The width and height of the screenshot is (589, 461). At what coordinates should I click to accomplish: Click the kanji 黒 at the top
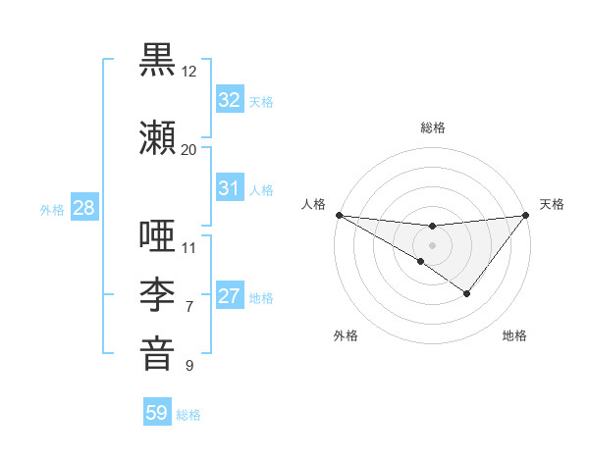click(x=158, y=59)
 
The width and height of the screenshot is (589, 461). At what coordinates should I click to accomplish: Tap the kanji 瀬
click(x=158, y=136)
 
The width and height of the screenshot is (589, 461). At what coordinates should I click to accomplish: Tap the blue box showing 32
click(x=229, y=99)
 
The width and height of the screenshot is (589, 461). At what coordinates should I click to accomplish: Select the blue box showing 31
click(x=229, y=188)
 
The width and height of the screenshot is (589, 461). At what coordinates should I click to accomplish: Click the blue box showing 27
click(x=229, y=296)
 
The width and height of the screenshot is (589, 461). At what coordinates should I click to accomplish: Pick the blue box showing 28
click(x=83, y=208)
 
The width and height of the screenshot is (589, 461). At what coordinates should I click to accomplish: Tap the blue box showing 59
click(x=157, y=413)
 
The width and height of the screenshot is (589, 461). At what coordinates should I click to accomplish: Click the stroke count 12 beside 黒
click(x=188, y=72)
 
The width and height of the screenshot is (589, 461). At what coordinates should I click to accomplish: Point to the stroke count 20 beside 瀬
click(x=188, y=149)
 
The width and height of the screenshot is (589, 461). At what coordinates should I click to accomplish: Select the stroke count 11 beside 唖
click(x=188, y=247)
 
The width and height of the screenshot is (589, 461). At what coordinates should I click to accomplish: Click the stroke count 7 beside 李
click(x=188, y=307)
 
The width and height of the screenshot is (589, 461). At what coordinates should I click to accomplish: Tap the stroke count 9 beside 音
click(x=188, y=366)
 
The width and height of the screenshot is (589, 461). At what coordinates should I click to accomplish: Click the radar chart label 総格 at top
click(x=432, y=128)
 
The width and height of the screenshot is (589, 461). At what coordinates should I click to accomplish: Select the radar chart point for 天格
click(x=526, y=214)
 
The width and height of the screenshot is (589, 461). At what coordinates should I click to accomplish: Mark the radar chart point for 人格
click(x=339, y=214)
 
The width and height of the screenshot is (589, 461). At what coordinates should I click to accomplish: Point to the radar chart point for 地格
click(x=467, y=292)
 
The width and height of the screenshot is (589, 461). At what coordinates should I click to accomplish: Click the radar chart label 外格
click(x=346, y=335)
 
